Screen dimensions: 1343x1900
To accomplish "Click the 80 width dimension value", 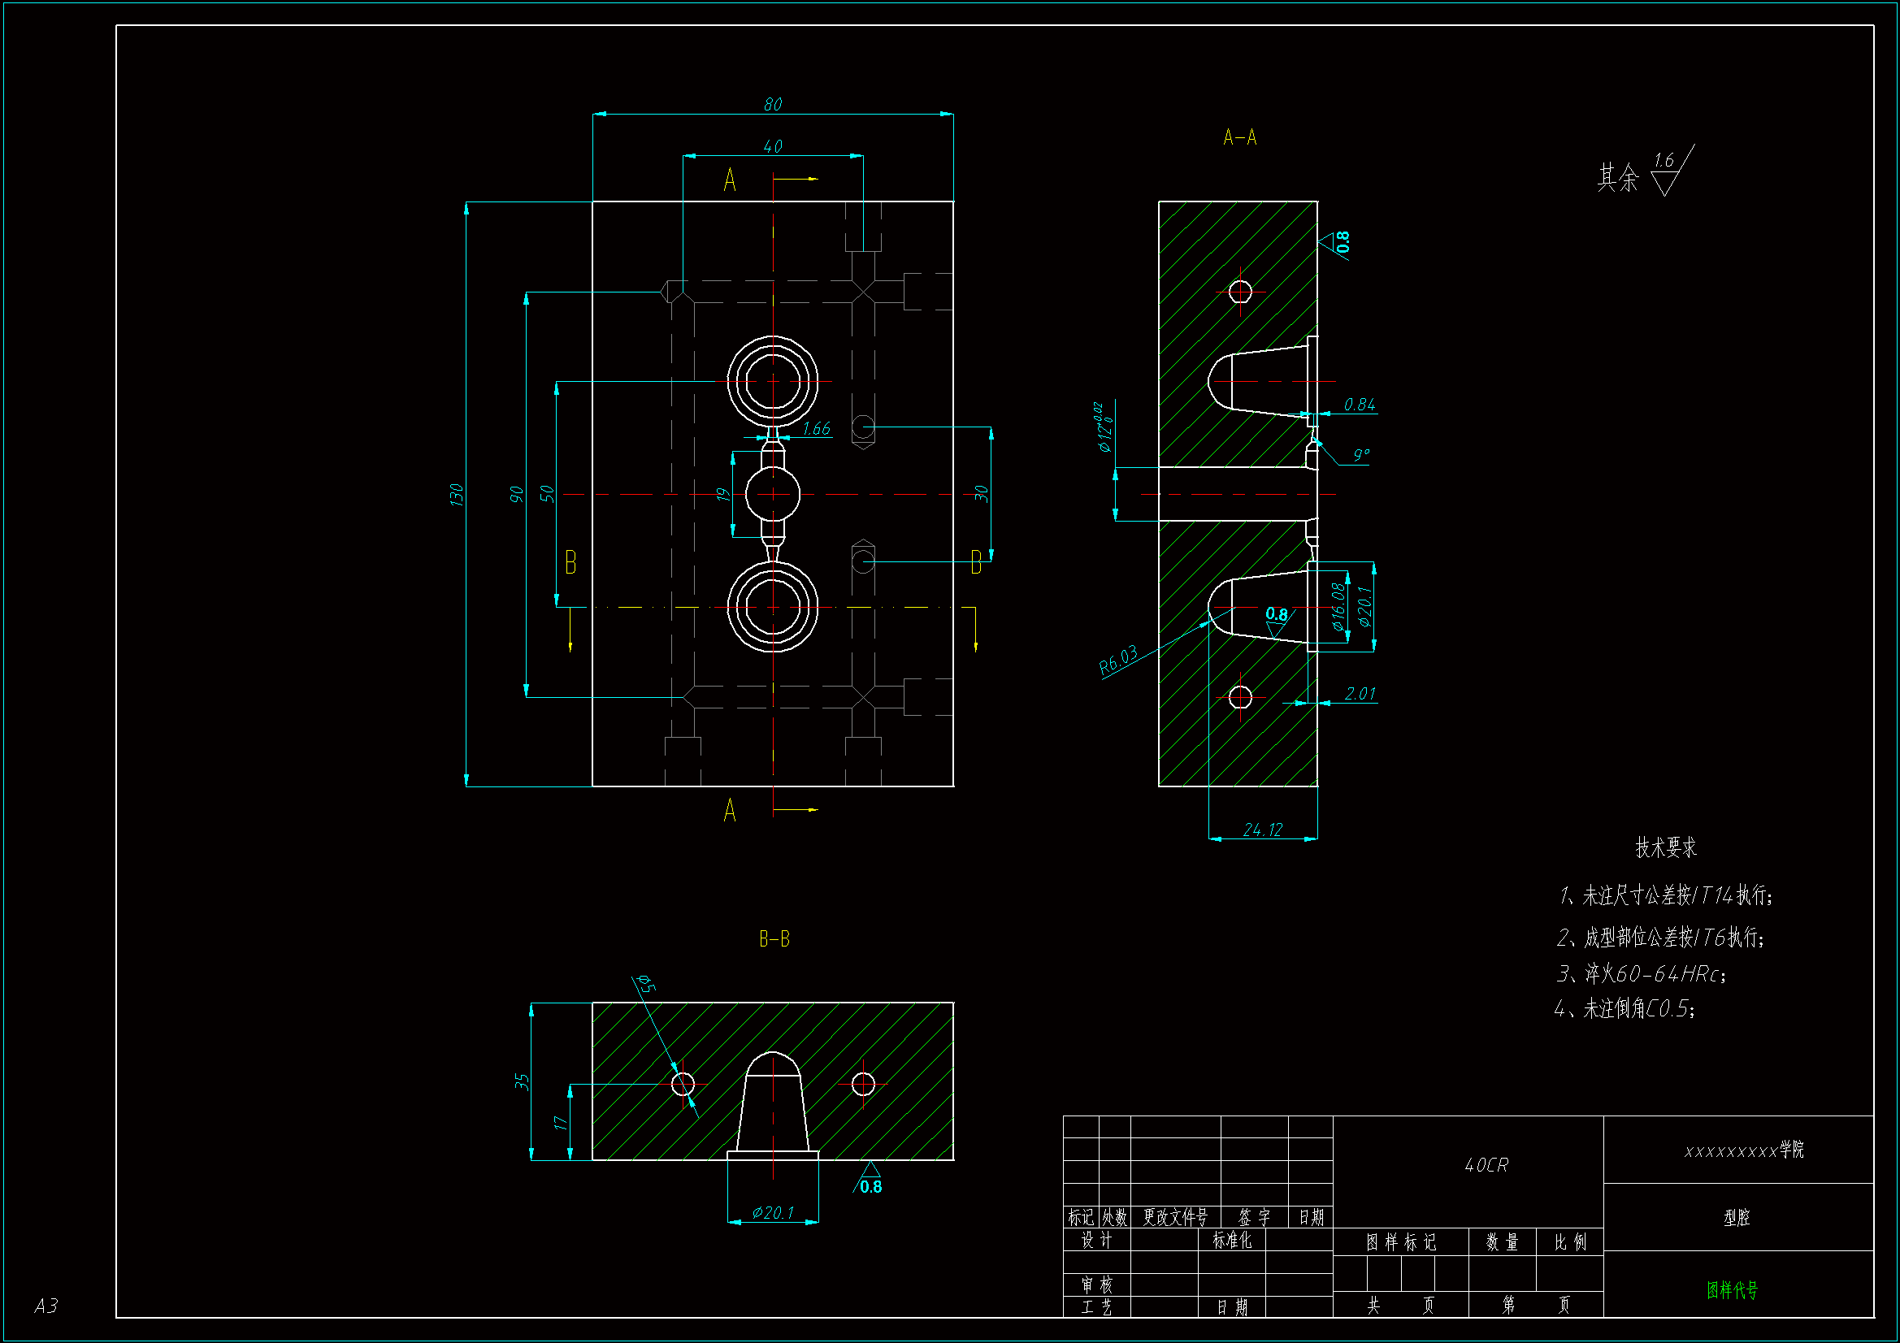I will coord(772,104).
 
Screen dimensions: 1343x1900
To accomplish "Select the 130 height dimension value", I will coord(456,494).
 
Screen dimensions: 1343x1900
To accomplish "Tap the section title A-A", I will coord(1239,137).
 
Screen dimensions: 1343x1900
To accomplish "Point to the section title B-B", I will coord(774,939).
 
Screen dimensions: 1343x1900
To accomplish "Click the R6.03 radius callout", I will coord(1118,660).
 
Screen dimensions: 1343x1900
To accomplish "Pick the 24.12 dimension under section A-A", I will coord(1263,830).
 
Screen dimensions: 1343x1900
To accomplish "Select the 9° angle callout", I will coord(1361,455).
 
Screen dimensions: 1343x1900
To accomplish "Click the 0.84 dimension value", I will coord(1360,405).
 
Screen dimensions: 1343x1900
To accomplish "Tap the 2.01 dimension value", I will coord(1360,693).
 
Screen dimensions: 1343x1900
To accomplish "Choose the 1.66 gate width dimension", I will coord(816,429).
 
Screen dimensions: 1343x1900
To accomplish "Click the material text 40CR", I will coord(1486,1165).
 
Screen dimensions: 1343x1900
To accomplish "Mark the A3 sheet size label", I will coord(46,1306).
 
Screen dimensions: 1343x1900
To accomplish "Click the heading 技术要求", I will coord(1666,847).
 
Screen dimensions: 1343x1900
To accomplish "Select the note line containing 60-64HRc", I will coord(1642,974).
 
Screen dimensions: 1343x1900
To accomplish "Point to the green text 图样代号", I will coord(1732,1289).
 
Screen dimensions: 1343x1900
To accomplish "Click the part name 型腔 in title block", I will coord(1736,1217).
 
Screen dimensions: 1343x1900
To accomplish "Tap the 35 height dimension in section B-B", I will coord(522,1081).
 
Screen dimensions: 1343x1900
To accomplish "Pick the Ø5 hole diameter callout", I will coord(646,984).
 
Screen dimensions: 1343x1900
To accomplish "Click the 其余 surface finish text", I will coord(1618,177).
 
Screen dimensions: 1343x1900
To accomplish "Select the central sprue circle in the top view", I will coord(773,494).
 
